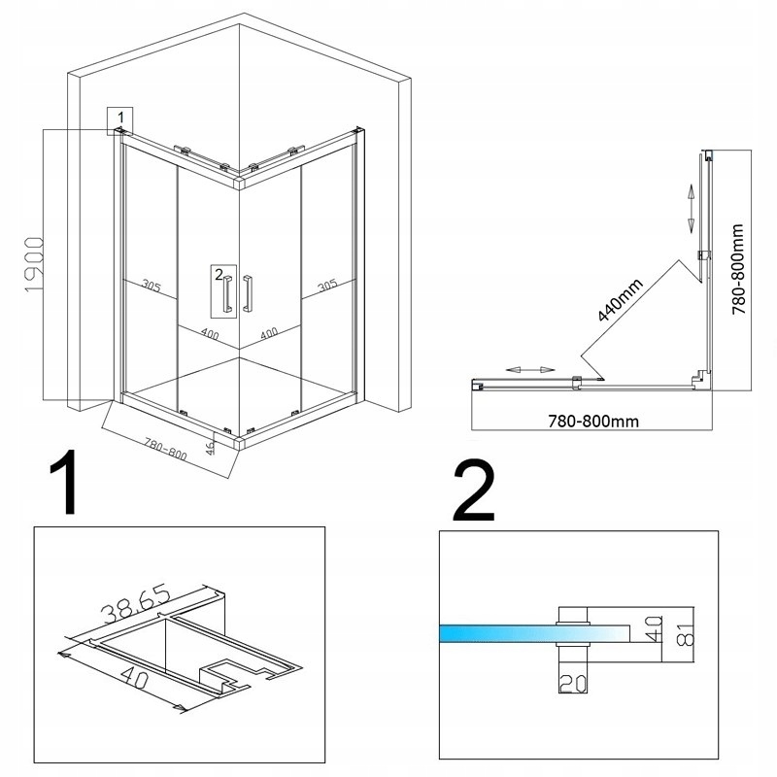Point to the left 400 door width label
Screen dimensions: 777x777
point(209,333)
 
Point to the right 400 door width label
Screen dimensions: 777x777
point(268,332)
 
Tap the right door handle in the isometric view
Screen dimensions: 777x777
point(250,294)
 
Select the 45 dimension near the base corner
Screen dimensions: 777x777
point(210,447)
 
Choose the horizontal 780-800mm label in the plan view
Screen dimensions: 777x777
point(592,421)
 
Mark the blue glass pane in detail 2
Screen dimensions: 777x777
point(495,634)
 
